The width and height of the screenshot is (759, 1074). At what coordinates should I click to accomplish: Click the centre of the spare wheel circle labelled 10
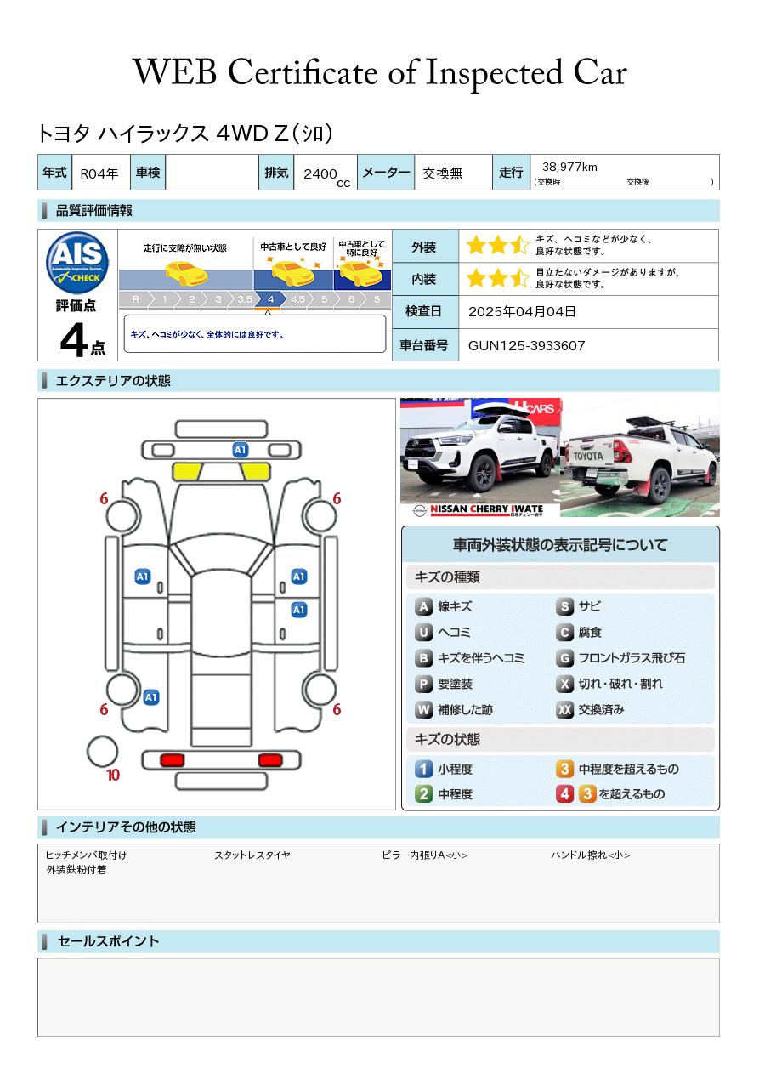[102, 752]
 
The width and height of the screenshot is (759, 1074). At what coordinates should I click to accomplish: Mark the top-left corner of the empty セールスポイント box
[38, 958]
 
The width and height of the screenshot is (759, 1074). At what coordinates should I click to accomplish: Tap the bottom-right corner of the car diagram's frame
[395, 810]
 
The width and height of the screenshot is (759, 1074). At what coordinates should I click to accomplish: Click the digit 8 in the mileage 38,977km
[552, 167]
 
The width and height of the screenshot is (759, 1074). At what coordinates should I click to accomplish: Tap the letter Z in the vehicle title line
[281, 134]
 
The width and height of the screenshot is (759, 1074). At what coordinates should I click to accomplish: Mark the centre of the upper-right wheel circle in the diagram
[319, 515]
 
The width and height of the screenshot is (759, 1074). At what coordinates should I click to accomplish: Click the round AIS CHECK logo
[77, 262]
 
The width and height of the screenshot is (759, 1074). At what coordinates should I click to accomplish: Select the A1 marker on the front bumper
[240, 450]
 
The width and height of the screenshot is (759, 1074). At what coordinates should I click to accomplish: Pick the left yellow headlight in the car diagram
[187, 472]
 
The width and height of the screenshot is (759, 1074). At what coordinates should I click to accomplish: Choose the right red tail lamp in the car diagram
[270, 760]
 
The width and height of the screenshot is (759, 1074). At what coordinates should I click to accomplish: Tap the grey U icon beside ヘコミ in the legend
[423, 633]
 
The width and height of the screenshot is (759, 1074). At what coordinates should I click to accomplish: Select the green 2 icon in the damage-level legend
[423, 793]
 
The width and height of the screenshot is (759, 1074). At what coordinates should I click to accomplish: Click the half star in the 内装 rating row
[520, 278]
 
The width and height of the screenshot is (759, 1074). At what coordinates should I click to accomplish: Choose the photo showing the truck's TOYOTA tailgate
[640, 457]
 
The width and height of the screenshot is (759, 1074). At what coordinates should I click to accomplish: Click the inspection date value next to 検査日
[522, 311]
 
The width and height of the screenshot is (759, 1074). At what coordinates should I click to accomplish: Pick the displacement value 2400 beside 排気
[320, 173]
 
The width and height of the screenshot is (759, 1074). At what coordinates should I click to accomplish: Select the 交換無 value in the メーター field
[443, 173]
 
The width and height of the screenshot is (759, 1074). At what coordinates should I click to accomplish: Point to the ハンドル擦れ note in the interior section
[591, 855]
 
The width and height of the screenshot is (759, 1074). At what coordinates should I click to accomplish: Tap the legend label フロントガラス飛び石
[632, 658]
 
